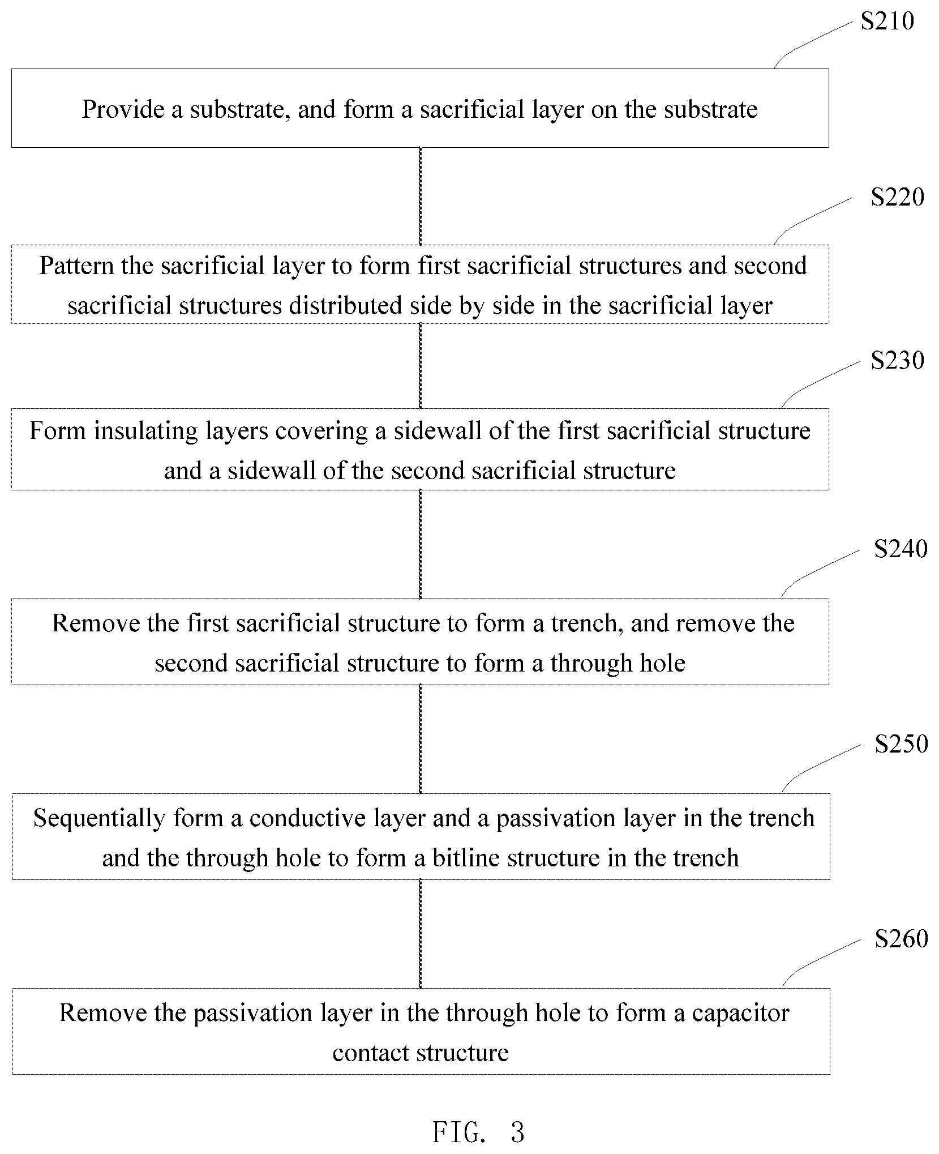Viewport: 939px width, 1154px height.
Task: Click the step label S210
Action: (x=887, y=21)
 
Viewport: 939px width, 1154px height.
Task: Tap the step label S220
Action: (x=897, y=196)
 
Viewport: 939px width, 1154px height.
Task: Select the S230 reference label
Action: (x=897, y=360)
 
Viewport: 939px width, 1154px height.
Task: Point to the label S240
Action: (x=901, y=549)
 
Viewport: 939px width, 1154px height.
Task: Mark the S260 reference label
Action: (x=901, y=939)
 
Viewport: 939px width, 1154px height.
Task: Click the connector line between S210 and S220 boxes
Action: (x=420, y=196)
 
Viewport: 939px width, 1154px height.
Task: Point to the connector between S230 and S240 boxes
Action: (x=420, y=544)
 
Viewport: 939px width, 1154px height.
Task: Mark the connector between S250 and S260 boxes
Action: (x=420, y=934)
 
